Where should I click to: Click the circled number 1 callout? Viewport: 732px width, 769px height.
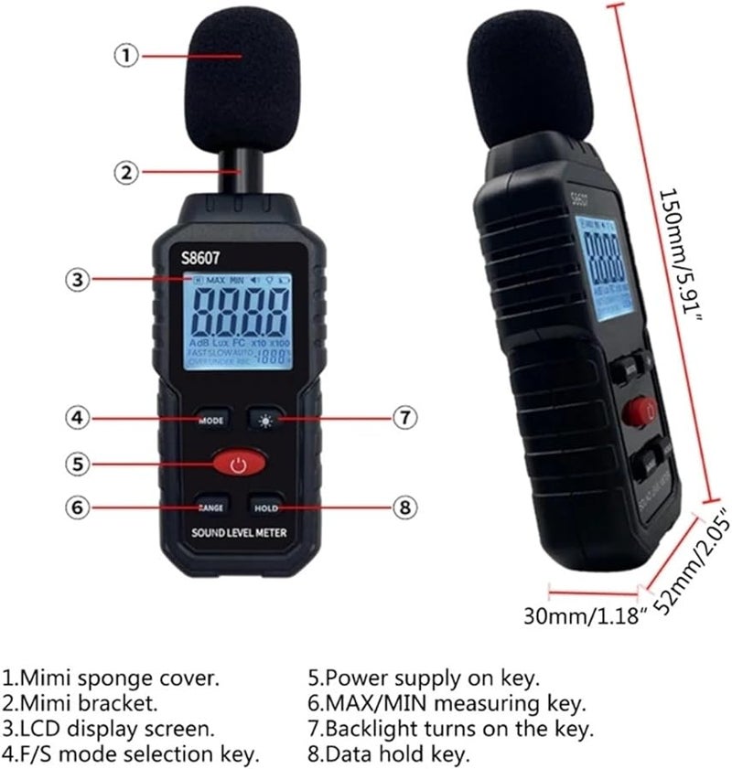click(126, 56)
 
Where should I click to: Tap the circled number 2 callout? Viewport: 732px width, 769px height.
click(126, 171)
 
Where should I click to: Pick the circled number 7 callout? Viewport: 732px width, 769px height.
click(405, 419)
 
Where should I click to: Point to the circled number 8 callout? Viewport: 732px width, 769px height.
click(405, 507)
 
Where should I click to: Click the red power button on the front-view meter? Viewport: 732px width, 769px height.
click(239, 465)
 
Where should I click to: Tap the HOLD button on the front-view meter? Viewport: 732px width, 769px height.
click(266, 507)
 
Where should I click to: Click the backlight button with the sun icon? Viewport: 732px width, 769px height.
click(266, 419)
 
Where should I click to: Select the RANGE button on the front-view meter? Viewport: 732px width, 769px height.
click(211, 507)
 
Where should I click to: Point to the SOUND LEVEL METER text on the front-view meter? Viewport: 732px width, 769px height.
click(239, 533)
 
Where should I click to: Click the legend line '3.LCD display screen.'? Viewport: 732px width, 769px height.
click(110, 729)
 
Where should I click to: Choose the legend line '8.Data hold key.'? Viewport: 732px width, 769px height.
click(389, 754)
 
